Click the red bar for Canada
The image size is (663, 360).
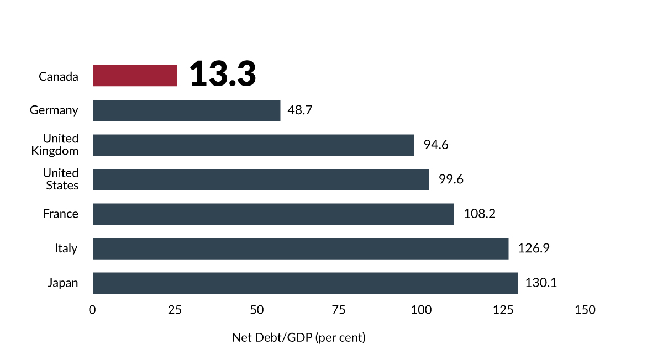tap(135, 76)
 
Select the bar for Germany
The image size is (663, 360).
tap(186, 110)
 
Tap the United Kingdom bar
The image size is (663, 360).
tap(253, 145)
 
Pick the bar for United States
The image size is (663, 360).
tap(261, 179)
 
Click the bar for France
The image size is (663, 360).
tap(273, 214)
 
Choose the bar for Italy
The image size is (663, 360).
tap(301, 248)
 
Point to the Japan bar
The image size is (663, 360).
tap(305, 283)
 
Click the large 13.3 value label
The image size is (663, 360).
tap(223, 75)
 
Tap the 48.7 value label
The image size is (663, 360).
tap(300, 110)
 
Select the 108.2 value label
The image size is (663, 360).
tap(480, 214)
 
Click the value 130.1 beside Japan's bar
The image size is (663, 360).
tap(541, 283)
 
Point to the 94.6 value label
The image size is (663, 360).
tap(436, 145)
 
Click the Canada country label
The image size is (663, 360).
tap(59, 77)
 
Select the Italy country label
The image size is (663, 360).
tap(66, 249)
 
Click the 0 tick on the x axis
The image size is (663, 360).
tap(93, 310)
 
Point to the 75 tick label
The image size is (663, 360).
tap(339, 310)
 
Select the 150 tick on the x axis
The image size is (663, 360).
tap(585, 310)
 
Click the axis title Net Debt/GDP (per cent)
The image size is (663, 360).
tap(299, 337)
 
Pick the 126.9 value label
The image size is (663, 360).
tap(533, 248)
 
